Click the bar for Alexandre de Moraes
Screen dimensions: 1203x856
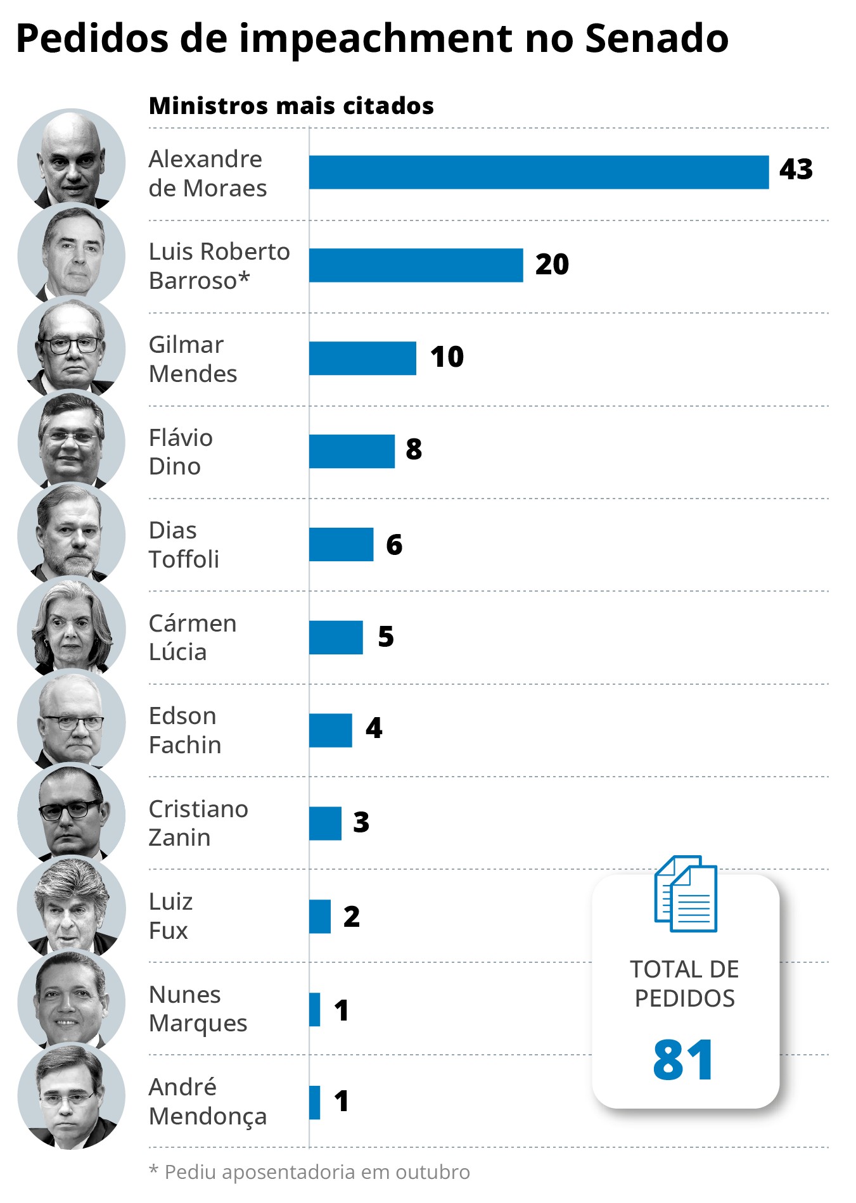[x=539, y=172]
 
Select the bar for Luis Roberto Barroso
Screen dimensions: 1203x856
[x=416, y=265]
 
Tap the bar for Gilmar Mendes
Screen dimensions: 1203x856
[x=362, y=358]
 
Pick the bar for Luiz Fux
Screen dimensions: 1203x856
[x=320, y=916]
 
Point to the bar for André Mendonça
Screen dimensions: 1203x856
[x=315, y=1102]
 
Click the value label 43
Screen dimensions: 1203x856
[x=796, y=170]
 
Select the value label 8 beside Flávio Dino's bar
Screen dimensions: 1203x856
[x=414, y=449]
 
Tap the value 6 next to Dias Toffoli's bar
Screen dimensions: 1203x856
[x=394, y=545]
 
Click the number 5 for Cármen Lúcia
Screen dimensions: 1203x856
[x=386, y=637]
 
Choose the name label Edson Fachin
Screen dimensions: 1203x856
[x=185, y=730]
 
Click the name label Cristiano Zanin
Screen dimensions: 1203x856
[x=198, y=823]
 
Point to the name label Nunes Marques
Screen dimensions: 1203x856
[x=198, y=1009]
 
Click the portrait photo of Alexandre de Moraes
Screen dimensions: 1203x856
[x=72, y=162]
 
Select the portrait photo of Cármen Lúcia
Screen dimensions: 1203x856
[x=72, y=628]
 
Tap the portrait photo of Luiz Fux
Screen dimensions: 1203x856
[x=72, y=907]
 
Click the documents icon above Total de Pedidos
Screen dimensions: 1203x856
[x=686, y=894]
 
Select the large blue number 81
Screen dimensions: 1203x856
[x=684, y=1059]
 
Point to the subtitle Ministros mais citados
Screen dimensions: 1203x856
[x=291, y=106]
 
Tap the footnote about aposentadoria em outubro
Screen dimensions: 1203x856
[x=310, y=1172]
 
